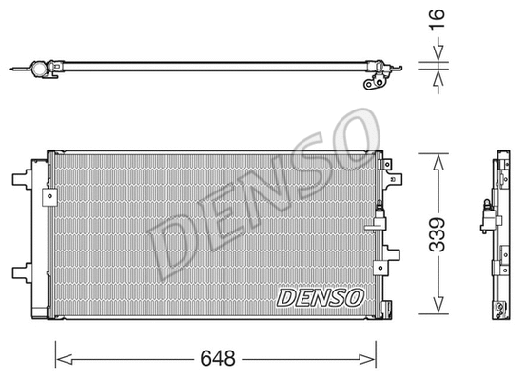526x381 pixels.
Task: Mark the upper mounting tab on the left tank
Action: pos(20,180)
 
